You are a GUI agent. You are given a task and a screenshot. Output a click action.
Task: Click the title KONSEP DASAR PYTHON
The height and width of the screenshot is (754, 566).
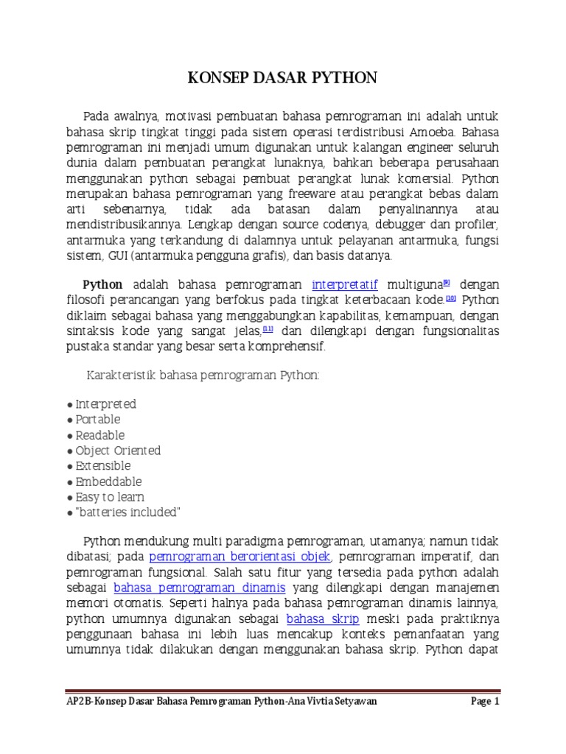283,77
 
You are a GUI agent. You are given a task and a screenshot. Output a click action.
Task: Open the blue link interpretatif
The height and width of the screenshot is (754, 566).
345,284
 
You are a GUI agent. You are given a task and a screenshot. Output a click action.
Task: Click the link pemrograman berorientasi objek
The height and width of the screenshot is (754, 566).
240,557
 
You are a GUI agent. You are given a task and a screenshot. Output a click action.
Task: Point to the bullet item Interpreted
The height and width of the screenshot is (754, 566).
105,404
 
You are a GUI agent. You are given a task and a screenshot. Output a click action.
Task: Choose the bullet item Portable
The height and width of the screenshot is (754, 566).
97,420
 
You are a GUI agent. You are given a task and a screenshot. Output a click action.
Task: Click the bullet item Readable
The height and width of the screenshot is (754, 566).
99,435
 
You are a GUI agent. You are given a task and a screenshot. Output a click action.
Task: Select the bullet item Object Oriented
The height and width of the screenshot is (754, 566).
117,451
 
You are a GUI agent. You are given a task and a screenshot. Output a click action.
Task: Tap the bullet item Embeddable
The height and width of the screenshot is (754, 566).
108,482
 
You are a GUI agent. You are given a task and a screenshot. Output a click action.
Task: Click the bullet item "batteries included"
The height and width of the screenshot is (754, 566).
127,512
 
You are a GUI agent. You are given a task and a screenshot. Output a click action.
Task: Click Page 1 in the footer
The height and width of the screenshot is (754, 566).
485,702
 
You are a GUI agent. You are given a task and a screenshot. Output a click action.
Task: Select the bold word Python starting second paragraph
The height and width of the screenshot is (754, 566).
102,285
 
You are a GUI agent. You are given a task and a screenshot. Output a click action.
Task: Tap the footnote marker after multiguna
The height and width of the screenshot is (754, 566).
446,282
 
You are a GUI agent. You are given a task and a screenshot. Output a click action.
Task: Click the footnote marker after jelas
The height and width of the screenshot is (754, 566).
268,328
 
